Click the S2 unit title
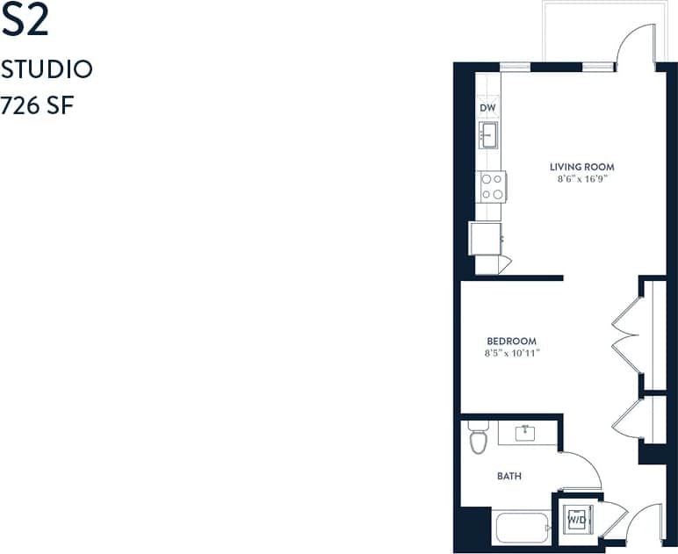[25, 22]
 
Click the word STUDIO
[47, 69]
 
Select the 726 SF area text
[37, 106]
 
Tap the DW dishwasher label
[488, 108]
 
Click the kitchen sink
[489, 135]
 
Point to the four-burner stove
[493, 186]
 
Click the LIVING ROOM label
[581, 167]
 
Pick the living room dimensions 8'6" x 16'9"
[581, 179]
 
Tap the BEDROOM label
[511, 342]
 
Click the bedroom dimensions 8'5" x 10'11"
[511, 354]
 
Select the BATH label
[509, 476]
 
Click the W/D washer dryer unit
[576, 519]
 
